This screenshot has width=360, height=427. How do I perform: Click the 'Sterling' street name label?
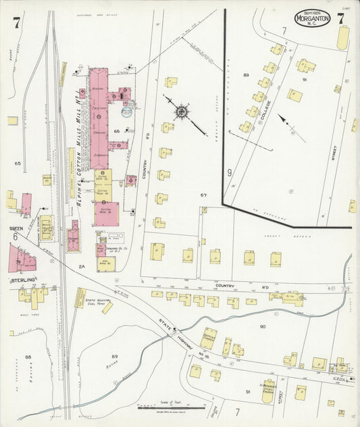(22, 279)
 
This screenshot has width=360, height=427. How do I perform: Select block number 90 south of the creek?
(262, 326)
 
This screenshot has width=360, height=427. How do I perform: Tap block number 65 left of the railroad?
(18, 164)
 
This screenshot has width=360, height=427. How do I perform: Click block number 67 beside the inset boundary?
(203, 195)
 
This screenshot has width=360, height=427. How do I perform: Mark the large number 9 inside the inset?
(230, 173)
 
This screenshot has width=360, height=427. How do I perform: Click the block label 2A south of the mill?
(82, 267)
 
